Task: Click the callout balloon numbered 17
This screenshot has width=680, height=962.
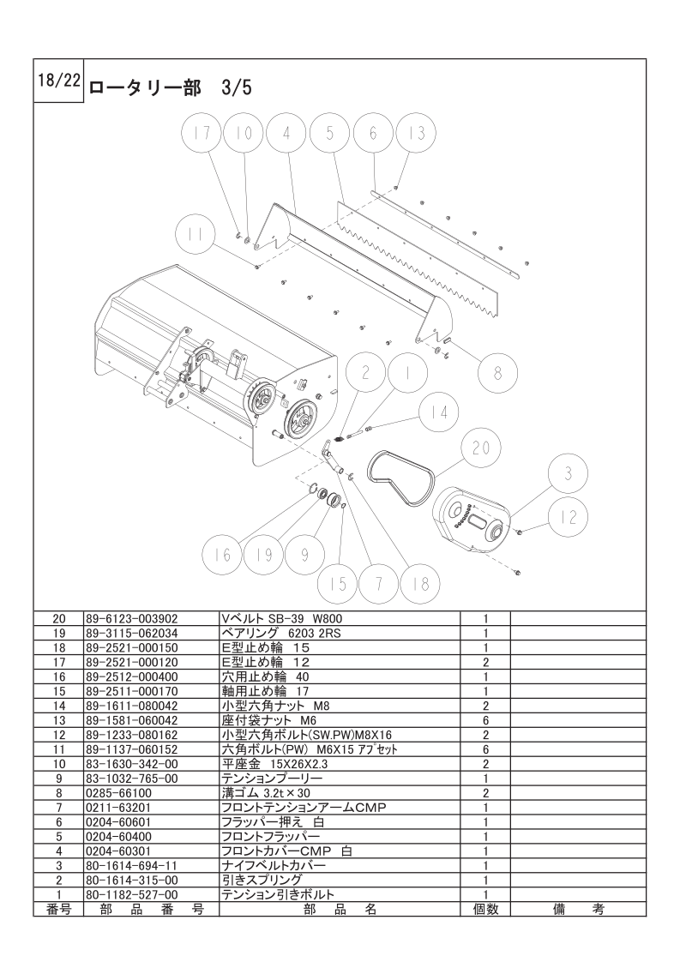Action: coord(202,134)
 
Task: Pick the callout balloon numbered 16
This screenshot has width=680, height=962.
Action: coord(223,555)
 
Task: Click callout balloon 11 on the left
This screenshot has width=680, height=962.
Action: coord(196,236)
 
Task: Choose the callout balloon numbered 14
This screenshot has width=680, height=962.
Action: coord(439,412)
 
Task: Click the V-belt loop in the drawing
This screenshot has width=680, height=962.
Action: coord(399,481)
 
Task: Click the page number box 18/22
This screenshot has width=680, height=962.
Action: coord(58,81)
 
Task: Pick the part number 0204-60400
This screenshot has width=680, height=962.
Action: coord(119,836)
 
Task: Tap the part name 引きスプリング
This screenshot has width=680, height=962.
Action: coord(262,880)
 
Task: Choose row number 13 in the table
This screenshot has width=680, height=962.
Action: coord(58,720)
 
